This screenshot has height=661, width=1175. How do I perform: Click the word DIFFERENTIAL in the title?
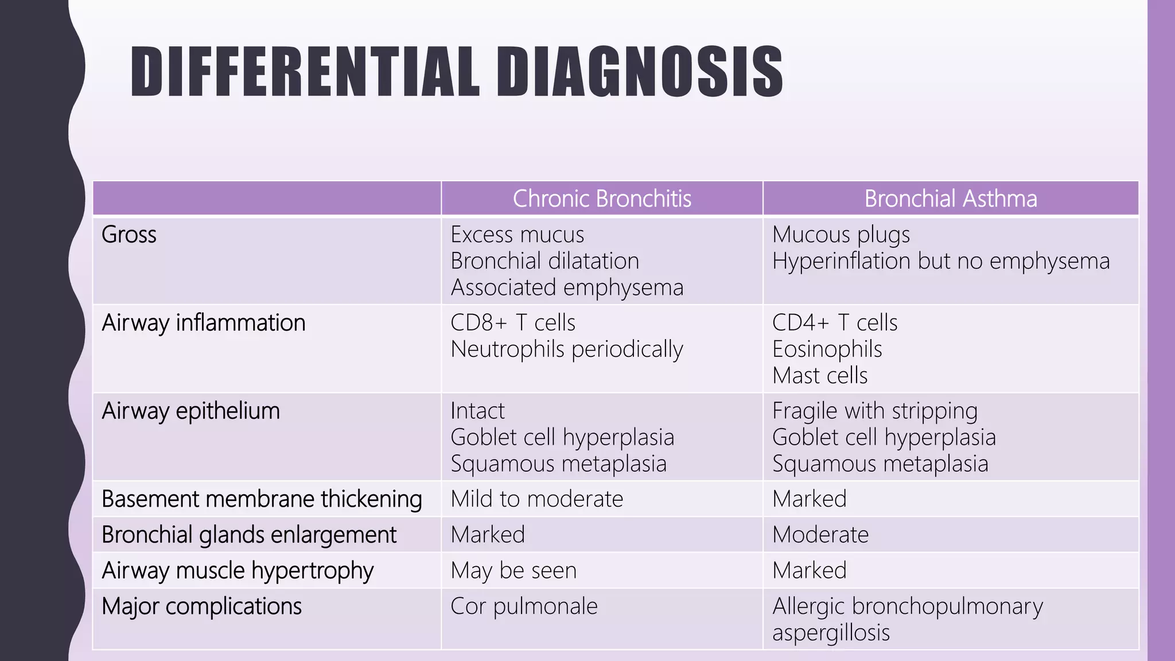304,71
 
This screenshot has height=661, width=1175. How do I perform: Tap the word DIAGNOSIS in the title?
639,71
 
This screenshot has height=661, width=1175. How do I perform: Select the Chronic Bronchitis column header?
602,199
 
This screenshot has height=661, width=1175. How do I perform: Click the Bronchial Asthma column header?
951,199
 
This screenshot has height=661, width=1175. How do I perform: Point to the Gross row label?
129,235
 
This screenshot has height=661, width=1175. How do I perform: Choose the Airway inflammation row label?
204,322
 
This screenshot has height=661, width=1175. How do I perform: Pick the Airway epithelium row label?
191,411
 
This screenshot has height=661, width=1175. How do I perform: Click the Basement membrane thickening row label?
262,499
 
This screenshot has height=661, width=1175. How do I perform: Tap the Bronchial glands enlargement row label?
249,535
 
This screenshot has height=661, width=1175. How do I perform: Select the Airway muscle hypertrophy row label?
238,570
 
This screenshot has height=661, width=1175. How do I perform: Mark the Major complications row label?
201,606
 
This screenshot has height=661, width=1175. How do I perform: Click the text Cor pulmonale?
524,606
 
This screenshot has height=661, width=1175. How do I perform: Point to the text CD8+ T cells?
513,322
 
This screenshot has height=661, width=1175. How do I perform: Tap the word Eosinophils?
827,349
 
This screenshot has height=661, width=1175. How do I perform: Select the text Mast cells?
820,375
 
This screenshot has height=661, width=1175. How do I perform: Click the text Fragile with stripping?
875,411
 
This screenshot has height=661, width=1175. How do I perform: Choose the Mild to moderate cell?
537,499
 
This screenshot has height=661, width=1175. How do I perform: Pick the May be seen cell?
513,570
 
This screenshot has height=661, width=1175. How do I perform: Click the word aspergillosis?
831,632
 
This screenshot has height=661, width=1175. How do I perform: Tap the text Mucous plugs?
841,235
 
